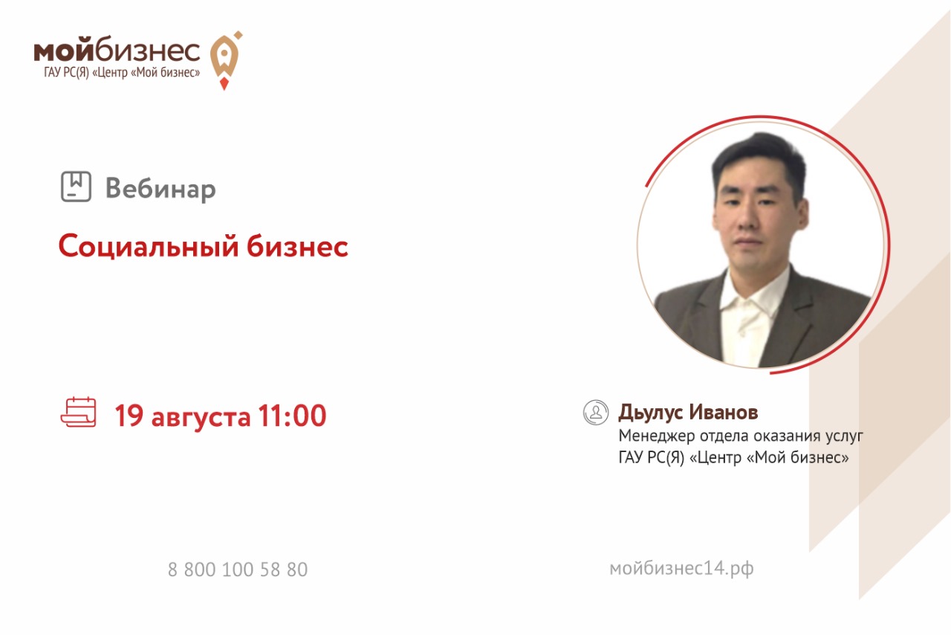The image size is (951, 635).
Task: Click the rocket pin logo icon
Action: [225, 60]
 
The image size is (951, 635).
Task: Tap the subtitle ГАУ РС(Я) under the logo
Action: [66, 72]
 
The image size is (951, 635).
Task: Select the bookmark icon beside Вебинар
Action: [76, 186]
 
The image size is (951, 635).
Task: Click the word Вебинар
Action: [160, 188]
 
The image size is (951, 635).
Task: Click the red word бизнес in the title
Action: [298, 246]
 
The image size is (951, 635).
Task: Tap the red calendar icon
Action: [79, 412]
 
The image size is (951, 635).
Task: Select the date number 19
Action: [129, 415]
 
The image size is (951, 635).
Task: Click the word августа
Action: [201, 417]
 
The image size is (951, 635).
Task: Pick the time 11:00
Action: [292, 415]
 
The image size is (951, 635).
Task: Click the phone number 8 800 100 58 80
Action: [238, 570]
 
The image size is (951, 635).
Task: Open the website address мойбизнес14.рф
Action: [681, 569]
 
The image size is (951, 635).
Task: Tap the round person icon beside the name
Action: [596, 412]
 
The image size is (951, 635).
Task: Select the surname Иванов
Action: [724, 412]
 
